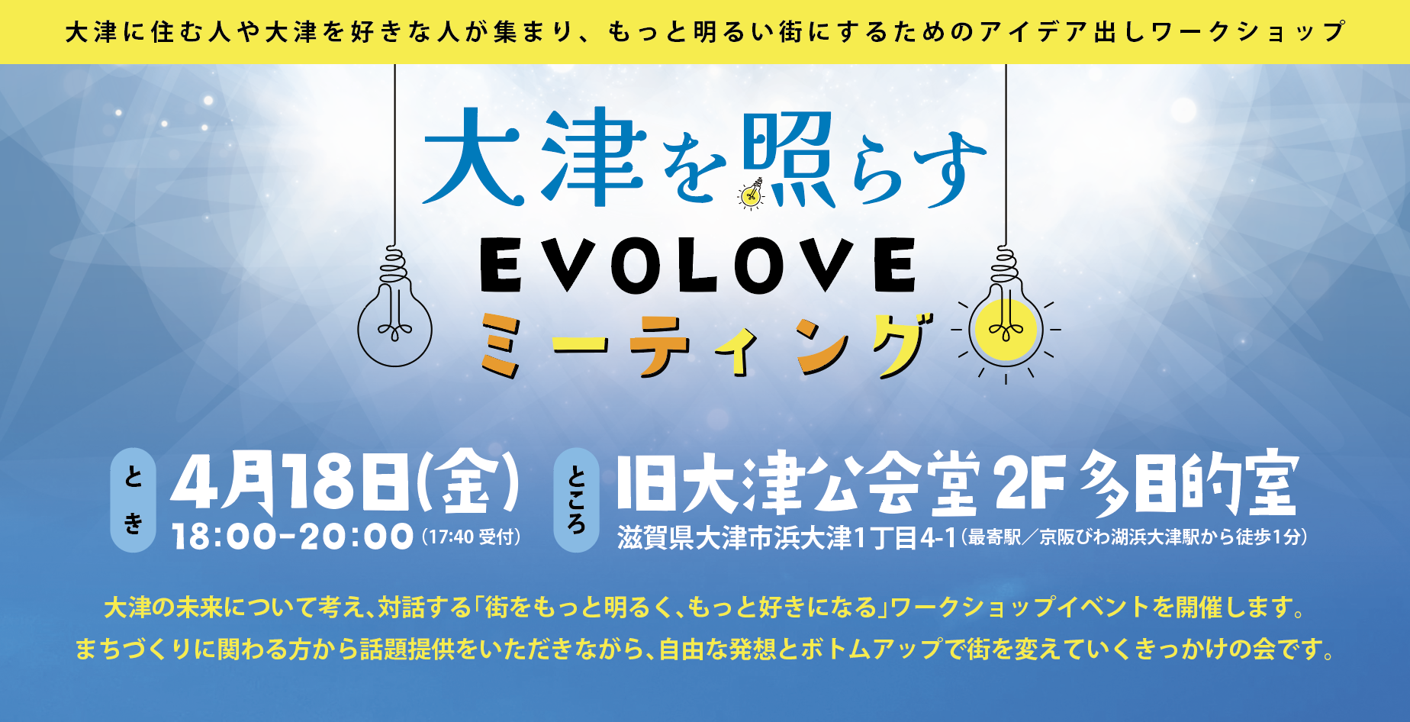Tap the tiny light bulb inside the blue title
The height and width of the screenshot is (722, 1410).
(x=752, y=195)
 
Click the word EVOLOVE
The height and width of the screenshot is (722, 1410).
(x=698, y=265)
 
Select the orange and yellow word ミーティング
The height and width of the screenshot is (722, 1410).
(x=706, y=347)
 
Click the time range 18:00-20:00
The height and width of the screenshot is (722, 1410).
(x=293, y=537)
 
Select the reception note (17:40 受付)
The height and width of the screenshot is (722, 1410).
(x=471, y=537)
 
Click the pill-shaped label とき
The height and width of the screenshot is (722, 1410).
(x=134, y=500)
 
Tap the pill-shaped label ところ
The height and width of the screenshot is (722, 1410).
(x=576, y=500)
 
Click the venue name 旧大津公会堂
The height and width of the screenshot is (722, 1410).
(x=797, y=485)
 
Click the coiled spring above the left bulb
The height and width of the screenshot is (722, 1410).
(x=394, y=263)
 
